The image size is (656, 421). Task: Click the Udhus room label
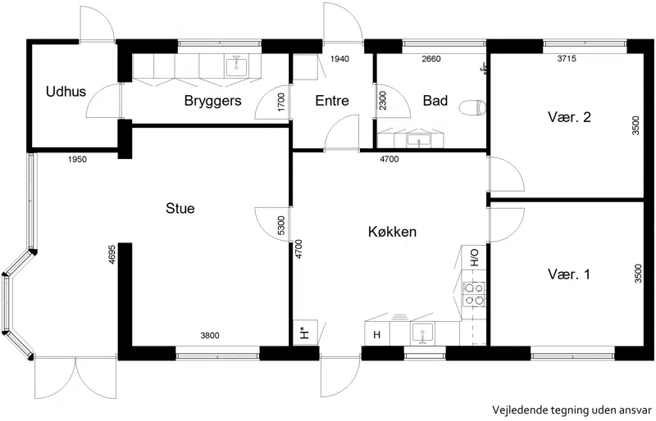pos(66,91)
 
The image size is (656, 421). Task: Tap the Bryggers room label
pos(212,101)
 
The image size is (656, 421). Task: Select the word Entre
pos(332,101)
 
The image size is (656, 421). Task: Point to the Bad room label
pos(435,101)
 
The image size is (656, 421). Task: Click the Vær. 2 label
pos(569,116)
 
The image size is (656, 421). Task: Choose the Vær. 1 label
pos(569,274)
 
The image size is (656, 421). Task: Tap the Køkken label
pos(392,231)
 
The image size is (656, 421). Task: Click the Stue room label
pos(180,208)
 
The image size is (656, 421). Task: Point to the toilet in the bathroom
pos(472,107)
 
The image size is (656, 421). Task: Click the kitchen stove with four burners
pos(474,294)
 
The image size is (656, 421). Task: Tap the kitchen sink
pos(422,333)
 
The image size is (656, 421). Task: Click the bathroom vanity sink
pos(419,139)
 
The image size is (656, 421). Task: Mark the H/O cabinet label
pos(475,257)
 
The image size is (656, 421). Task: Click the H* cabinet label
pos(304,333)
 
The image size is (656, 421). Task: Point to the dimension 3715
pos(567,59)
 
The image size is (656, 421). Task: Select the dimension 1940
pos(339,59)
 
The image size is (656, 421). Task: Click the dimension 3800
pos(210,335)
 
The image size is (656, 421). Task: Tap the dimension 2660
pos(431,59)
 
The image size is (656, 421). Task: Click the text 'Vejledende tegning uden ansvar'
pos(572,410)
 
